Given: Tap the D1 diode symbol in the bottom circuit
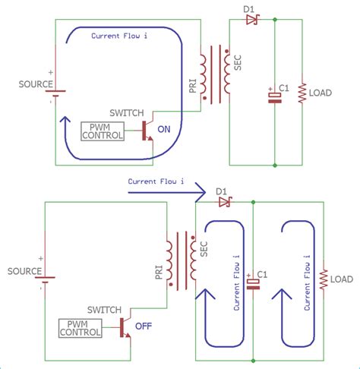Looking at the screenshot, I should point(223,202).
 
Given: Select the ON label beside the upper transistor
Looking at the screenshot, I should point(163,130).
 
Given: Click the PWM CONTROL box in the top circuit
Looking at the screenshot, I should point(106,131).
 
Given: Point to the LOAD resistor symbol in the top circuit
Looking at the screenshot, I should point(302,93).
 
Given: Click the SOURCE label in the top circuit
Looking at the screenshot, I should point(31,84).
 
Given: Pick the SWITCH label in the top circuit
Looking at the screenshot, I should point(127,112).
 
